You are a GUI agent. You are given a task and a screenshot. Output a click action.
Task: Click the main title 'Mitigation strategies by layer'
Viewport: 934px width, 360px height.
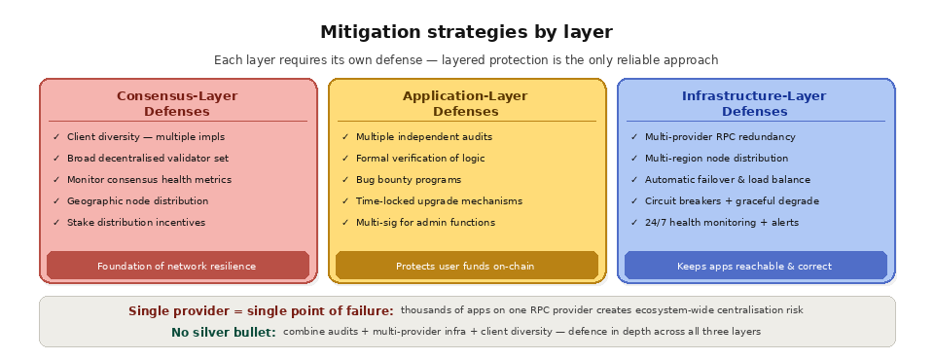click(x=466, y=32)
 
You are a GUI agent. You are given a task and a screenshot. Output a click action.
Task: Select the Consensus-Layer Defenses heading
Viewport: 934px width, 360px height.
click(x=177, y=103)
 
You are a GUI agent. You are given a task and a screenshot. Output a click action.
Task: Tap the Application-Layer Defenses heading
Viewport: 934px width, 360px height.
click(x=465, y=103)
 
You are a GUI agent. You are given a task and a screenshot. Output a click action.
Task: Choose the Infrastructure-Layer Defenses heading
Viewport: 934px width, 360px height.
click(x=754, y=103)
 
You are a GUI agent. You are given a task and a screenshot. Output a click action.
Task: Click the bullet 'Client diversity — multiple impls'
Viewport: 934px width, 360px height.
click(x=145, y=137)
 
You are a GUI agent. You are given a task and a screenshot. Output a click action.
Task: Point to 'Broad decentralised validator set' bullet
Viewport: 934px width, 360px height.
click(x=148, y=159)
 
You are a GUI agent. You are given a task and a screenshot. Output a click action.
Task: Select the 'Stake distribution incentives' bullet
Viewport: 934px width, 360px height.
click(x=135, y=223)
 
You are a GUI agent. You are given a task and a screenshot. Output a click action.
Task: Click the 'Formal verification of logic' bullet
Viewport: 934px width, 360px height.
click(x=420, y=159)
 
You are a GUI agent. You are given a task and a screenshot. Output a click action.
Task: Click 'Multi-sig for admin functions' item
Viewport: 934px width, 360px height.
click(x=425, y=223)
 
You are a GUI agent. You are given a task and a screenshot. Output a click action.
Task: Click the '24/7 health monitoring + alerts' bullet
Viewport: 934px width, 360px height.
click(x=721, y=223)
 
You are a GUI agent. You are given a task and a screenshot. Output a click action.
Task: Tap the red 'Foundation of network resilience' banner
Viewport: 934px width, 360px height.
click(x=177, y=266)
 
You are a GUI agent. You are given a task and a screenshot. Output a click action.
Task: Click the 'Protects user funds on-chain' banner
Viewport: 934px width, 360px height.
click(x=465, y=266)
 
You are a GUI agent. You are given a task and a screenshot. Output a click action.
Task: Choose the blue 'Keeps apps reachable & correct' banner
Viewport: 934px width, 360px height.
click(x=754, y=266)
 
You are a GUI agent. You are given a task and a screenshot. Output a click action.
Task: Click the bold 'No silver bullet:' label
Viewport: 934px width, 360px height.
click(x=223, y=333)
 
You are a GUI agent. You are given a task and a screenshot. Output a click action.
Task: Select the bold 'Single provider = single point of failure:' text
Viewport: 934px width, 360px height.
click(x=261, y=310)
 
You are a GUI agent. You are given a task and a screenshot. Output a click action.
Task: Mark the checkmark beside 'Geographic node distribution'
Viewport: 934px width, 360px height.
click(x=56, y=201)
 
